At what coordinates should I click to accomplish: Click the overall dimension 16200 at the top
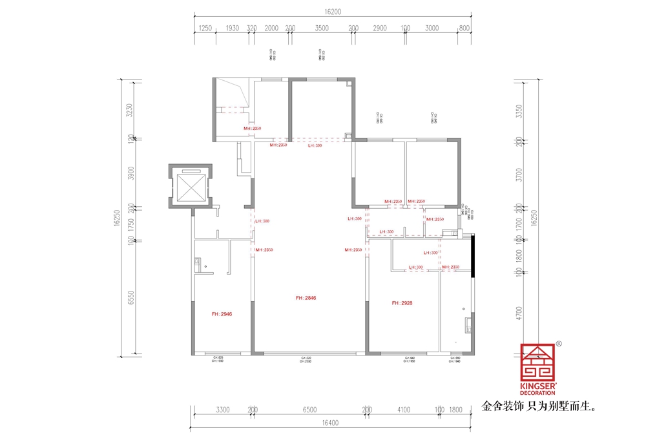(333, 12)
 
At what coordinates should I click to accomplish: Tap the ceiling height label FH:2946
(222, 314)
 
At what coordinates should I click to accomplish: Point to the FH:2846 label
(306, 298)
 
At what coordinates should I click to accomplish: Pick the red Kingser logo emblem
(537, 361)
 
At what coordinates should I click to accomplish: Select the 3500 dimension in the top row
(322, 28)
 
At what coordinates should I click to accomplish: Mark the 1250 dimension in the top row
(205, 28)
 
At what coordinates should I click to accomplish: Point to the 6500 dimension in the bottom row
(309, 410)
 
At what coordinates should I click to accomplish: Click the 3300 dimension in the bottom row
(223, 410)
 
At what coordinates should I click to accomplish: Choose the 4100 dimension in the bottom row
(404, 410)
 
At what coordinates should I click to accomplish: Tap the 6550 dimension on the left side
(130, 299)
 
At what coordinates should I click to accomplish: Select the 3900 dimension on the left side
(130, 173)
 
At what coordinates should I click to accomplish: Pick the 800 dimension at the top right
(464, 28)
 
